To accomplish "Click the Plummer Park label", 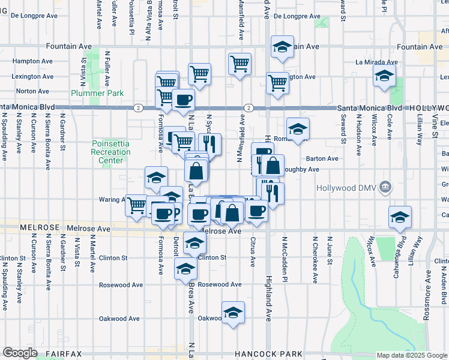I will (97, 93).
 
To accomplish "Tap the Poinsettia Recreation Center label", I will (111, 152).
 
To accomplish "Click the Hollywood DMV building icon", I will (385, 187).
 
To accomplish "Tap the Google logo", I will (20, 353).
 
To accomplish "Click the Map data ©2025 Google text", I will (411, 355).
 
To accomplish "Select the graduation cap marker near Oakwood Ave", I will (233, 313).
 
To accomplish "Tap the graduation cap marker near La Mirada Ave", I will (384, 76).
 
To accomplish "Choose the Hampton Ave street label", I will (34, 61).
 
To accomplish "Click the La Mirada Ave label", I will (376, 62).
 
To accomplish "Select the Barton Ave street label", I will (322, 159).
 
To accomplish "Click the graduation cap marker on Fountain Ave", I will (281, 47).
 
